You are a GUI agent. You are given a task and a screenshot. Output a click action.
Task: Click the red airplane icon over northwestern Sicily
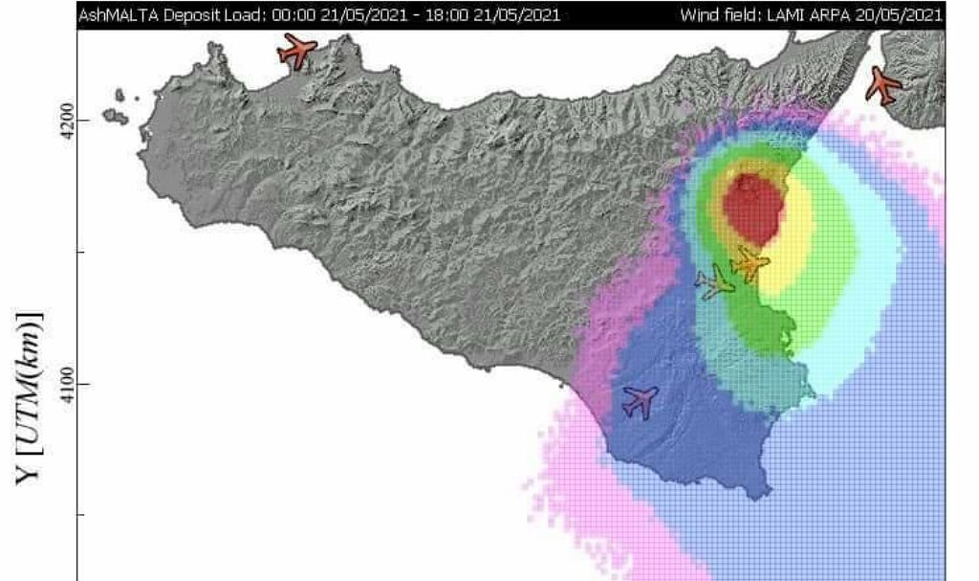tap(297, 50)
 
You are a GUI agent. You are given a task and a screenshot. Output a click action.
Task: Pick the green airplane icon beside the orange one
tap(716, 282)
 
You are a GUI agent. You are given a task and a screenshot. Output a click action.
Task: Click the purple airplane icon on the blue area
tap(640, 401)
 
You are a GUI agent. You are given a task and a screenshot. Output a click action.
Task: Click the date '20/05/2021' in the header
tap(899, 15)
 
